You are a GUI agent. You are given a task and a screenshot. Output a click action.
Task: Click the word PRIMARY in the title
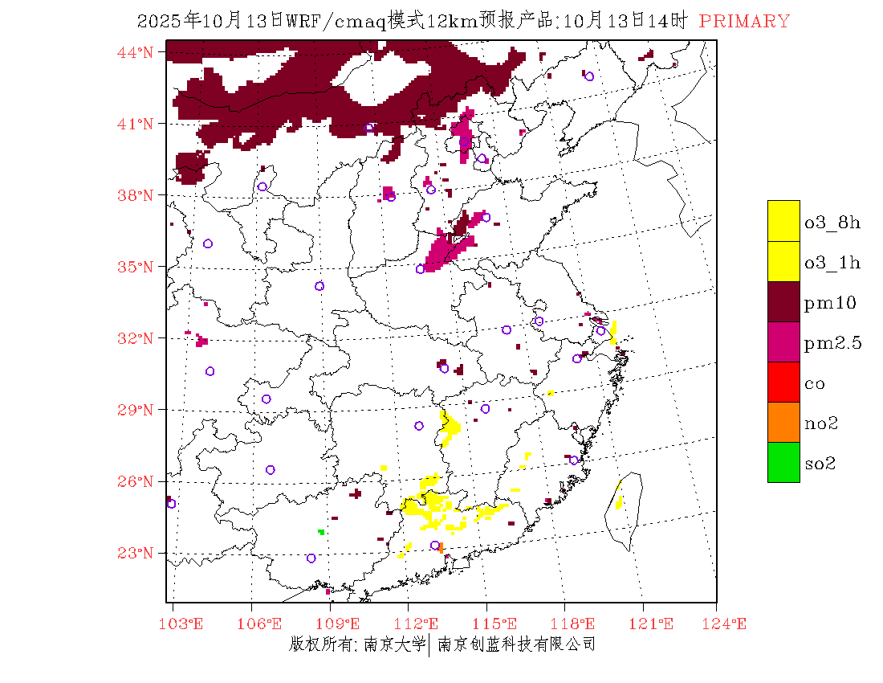pos(744,22)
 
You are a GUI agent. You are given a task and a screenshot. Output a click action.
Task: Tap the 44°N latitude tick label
pos(136,52)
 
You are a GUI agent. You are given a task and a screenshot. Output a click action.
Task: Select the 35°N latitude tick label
pos(136,267)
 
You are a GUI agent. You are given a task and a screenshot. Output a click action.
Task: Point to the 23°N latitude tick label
pos(136,553)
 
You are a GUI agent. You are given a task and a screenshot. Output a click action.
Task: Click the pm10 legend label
pos(830,303)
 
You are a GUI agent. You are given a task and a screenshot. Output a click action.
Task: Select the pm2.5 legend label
pos(832,343)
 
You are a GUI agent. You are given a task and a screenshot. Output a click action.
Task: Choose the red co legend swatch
pos(783,382)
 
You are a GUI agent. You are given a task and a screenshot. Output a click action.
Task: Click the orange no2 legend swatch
pos(783,422)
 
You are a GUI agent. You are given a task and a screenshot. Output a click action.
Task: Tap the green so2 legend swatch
pos(783,462)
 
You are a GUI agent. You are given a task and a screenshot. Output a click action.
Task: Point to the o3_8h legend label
pos(832,223)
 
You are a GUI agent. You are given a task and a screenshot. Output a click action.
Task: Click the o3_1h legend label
pos(832,263)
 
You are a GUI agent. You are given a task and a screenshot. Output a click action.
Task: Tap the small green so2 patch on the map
pos(321,532)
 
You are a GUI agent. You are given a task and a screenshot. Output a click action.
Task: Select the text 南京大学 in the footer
pos(394,644)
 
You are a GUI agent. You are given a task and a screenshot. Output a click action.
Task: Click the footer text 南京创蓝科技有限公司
pos(516,644)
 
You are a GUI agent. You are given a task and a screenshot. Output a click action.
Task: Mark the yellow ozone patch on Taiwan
pos(619,502)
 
